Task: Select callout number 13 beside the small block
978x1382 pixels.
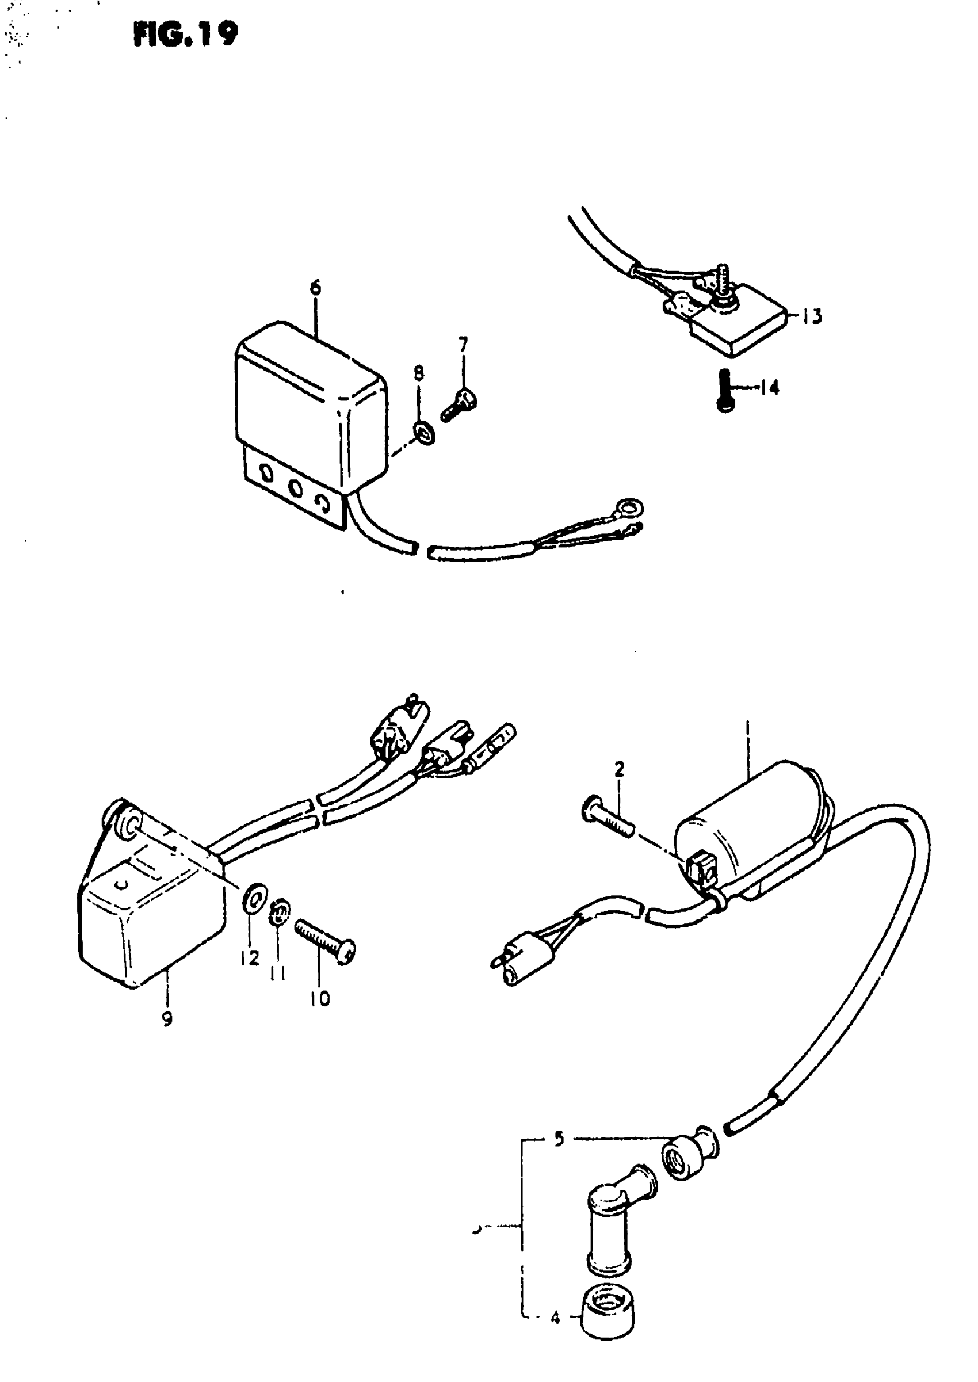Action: pyautogui.click(x=812, y=315)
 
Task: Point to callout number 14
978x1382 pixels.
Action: pyautogui.click(x=769, y=387)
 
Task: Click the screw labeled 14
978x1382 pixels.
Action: pyautogui.click(x=726, y=390)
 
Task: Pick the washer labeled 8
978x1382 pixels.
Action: pyautogui.click(x=424, y=432)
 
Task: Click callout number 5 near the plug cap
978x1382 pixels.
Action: pyautogui.click(x=559, y=1139)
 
